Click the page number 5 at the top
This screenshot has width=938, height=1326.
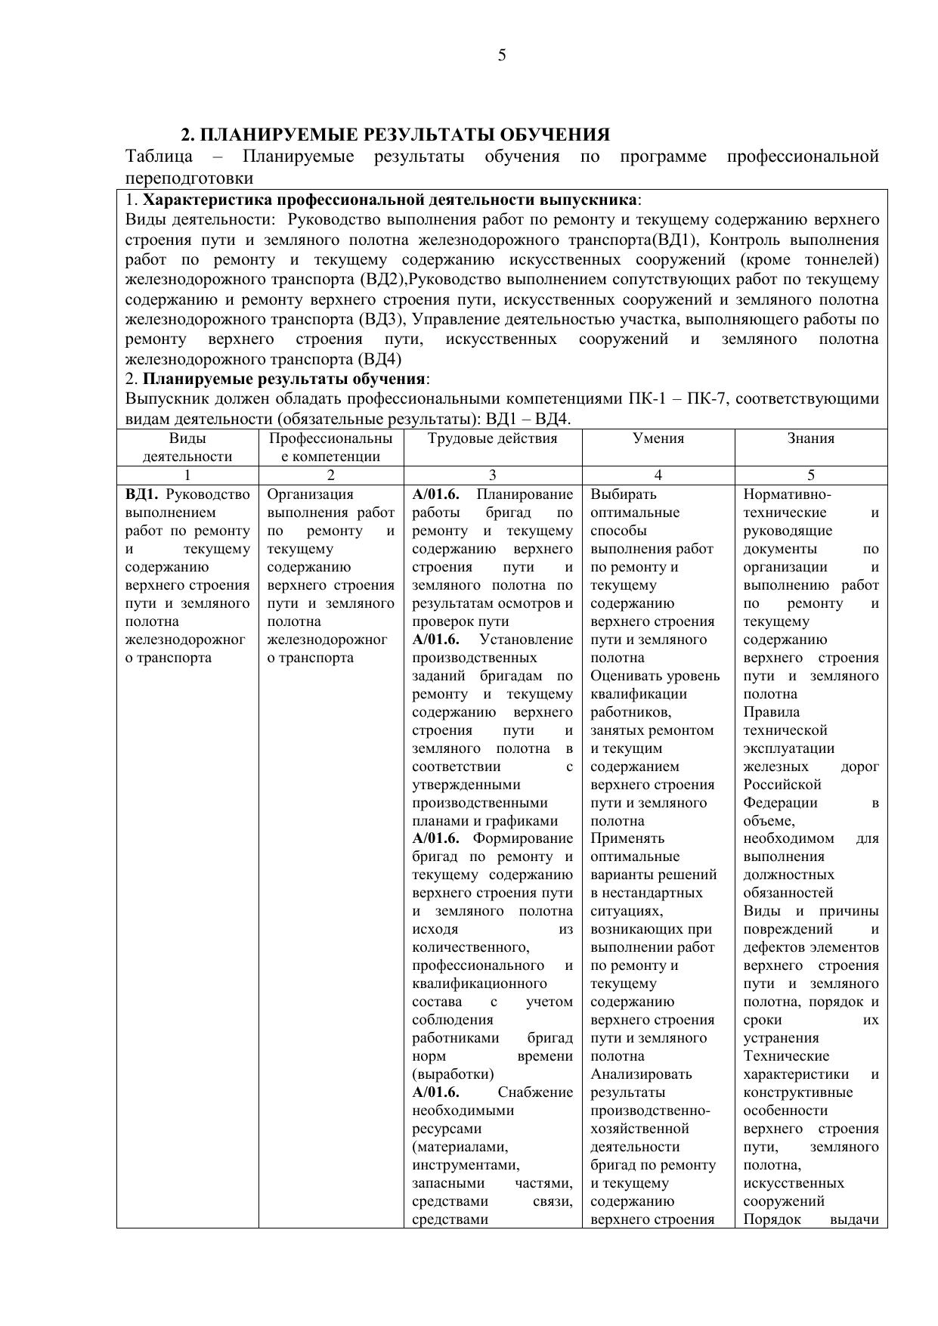pyautogui.click(x=502, y=55)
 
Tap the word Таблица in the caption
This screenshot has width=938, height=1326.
pyautogui.click(x=159, y=156)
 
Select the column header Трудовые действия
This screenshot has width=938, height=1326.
pyautogui.click(x=492, y=438)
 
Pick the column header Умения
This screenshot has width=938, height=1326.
pyautogui.click(x=658, y=438)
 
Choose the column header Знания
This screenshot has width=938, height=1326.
pyautogui.click(x=810, y=438)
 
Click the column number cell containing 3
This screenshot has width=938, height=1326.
pyautogui.click(x=493, y=476)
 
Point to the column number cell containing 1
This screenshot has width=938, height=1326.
pyautogui.click(x=187, y=476)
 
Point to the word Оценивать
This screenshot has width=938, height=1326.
pyautogui.click(x=627, y=676)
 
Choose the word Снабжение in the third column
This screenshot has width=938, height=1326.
pyautogui.click(x=535, y=1092)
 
